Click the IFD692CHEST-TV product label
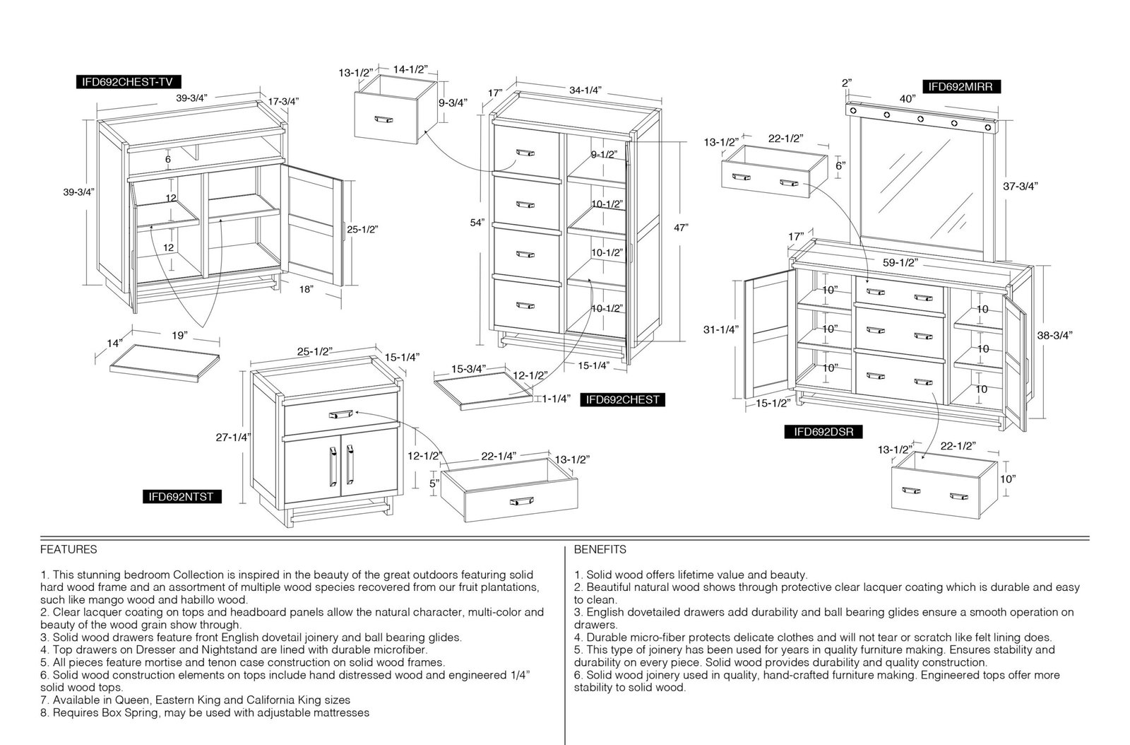pyautogui.click(x=128, y=82)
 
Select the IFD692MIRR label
pyautogui.click(x=961, y=86)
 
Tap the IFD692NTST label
pyautogui.click(x=182, y=497)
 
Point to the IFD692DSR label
pyautogui.click(x=823, y=432)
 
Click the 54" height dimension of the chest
pyautogui.click(x=477, y=223)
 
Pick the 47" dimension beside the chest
pyautogui.click(x=681, y=228)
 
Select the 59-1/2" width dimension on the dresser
pyautogui.click(x=900, y=262)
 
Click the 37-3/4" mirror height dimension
pyautogui.click(x=1020, y=186)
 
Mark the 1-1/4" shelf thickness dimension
pyautogui.click(x=557, y=399)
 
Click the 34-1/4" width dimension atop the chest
pyautogui.click(x=585, y=90)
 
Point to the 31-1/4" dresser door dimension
pyautogui.click(x=721, y=329)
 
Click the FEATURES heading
pyautogui.click(x=69, y=549)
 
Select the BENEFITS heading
pyautogui.click(x=600, y=549)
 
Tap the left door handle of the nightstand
pyautogui.click(x=333, y=466)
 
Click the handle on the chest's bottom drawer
pyautogui.click(x=525, y=305)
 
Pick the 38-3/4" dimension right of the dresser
pyautogui.click(x=1055, y=334)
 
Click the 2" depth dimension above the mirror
pyautogui.click(x=847, y=82)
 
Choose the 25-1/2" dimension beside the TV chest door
pyautogui.click(x=363, y=229)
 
